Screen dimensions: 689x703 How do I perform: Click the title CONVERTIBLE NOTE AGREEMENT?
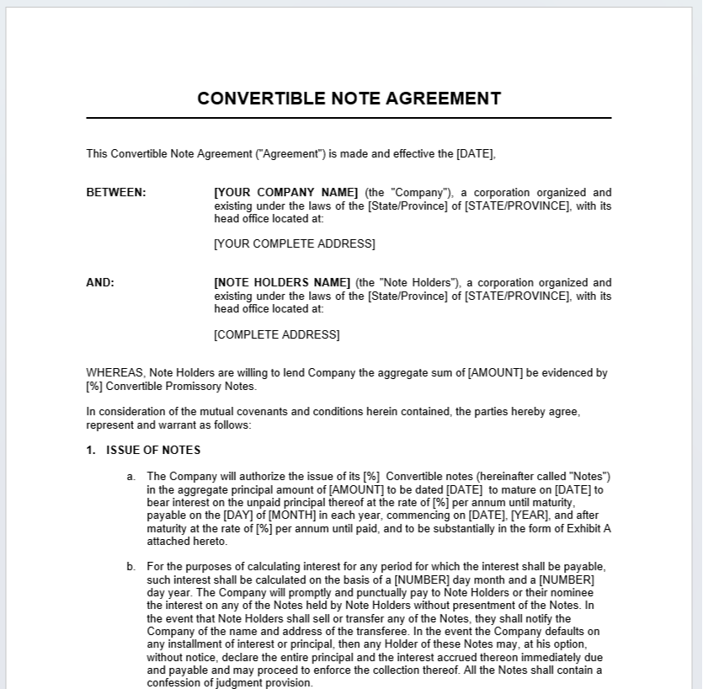pos(349,99)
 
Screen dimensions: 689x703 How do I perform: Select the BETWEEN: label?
pos(116,192)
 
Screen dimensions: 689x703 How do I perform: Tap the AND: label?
pos(100,282)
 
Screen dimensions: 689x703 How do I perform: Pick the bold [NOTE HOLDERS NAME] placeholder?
pos(282,282)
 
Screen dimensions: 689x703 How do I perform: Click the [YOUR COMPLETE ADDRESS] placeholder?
pos(295,243)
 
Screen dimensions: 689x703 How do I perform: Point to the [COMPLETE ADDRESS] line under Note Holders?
pos(277,334)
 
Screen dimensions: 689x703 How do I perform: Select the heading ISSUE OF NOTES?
pos(153,450)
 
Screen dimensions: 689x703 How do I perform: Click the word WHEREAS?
pos(115,372)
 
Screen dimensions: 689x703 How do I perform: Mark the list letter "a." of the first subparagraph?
pos(131,477)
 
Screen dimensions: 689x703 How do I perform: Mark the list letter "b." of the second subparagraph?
pos(131,567)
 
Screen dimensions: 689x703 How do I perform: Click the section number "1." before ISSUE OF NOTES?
pos(91,450)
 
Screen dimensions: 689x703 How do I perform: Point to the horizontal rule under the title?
pos(349,118)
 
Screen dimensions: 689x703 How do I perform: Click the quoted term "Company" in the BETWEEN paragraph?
pos(418,192)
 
